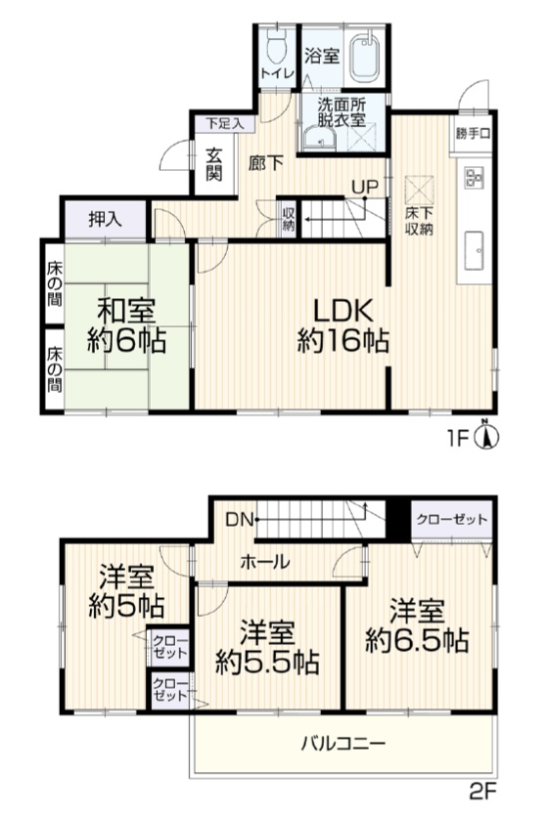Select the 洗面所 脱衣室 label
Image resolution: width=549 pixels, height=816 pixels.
tap(342, 111)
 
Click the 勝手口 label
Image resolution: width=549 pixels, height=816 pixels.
tap(473, 133)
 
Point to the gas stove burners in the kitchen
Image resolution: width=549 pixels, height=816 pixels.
tap(474, 176)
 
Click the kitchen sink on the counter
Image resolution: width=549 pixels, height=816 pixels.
tap(474, 250)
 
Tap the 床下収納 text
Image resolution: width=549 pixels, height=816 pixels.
tap(420, 222)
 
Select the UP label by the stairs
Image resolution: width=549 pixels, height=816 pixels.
tap(364, 186)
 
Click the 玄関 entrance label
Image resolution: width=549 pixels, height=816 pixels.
tap(214, 164)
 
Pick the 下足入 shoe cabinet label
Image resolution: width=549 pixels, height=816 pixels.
tap(224, 124)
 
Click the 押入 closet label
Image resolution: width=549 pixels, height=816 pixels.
tap(106, 220)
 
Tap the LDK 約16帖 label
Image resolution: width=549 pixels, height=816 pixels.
tap(343, 325)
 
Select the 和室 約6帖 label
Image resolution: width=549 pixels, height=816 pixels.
tap(126, 326)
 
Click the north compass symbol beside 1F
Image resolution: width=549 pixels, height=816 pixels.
tap(486, 435)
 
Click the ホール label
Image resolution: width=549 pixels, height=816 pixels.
tap(265, 562)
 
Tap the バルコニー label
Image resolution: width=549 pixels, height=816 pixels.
tap(343, 743)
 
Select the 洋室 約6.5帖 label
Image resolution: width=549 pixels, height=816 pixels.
tap(417, 626)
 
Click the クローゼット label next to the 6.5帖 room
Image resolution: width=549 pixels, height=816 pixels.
tap(452, 519)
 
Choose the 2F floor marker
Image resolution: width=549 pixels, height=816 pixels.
tap(482, 793)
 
